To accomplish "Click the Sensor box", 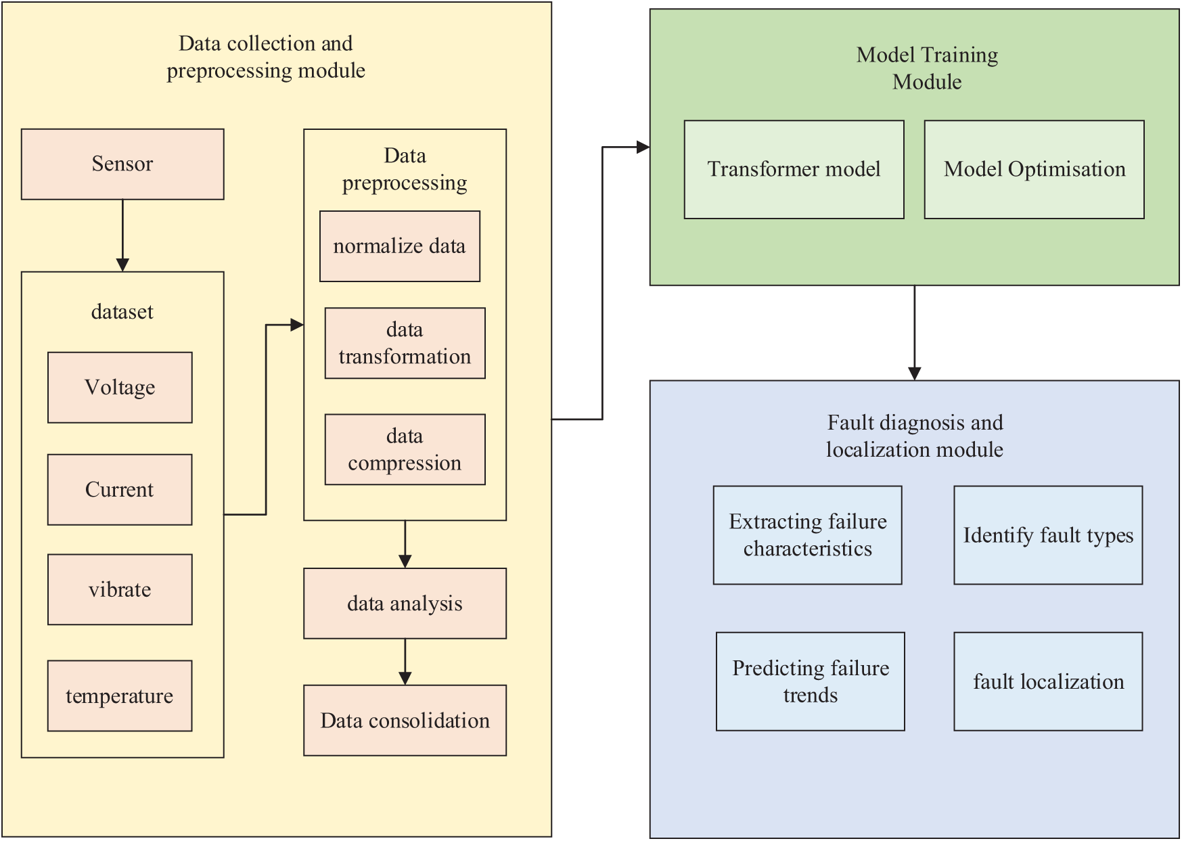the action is (122, 164).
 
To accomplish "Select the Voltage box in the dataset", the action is (120, 388).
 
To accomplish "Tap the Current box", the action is (120, 490).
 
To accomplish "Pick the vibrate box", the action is (120, 590).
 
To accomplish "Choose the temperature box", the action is (120, 696).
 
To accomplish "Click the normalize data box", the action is (400, 246).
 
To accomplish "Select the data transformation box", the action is (405, 344).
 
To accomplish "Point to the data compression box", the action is (405, 450).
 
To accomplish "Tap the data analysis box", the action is (405, 604).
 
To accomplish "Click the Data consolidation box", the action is (405, 721).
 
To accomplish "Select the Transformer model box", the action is (794, 170).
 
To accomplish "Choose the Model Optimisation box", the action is (1035, 170).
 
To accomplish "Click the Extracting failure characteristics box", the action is (808, 535).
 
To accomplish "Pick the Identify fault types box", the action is (1049, 535).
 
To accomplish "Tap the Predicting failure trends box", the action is (811, 682).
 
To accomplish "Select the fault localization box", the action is (1049, 682).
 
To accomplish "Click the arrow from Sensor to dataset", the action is (122, 235).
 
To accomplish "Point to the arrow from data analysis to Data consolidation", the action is (405, 662).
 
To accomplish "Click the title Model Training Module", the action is (928, 68).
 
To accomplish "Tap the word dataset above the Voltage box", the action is (122, 312).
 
